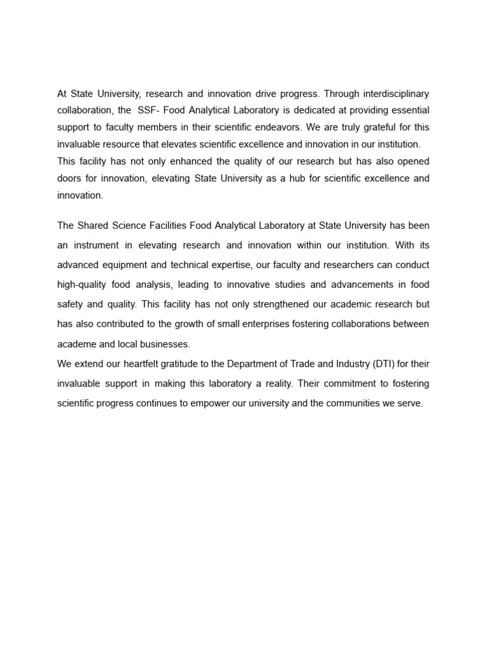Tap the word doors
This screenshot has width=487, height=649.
(68, 179)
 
